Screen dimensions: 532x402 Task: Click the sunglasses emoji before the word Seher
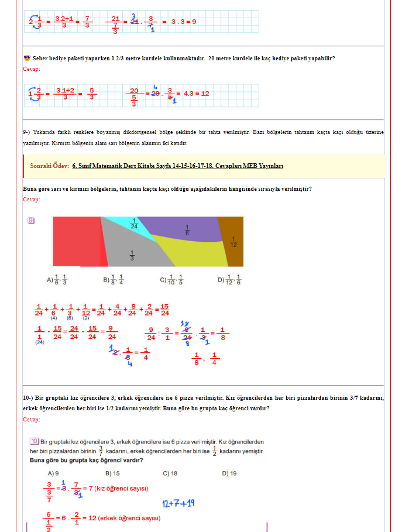coord(27,58)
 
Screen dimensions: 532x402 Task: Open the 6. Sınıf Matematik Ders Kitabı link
coord(177,166)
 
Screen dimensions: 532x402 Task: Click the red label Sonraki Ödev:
coord(50,166)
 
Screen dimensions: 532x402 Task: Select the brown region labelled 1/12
coord(234,241)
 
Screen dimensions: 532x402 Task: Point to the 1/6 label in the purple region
coord(187,229)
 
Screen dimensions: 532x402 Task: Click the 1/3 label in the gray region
coord(132,255)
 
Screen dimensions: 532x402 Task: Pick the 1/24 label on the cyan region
coord(134,223)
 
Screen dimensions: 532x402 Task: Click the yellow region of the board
coord(193,252)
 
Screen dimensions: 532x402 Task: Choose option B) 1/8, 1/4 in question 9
coord(114,280)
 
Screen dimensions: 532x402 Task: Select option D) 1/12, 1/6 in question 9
coord(229,280)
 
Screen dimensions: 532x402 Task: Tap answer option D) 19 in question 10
coord(229,473)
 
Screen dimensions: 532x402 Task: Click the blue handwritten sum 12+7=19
coord(178,503)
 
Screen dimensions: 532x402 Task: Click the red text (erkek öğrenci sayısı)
coord(129,518)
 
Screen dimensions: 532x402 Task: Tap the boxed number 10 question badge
coord(34,441)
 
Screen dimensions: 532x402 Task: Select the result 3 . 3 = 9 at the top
coord(183,21)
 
